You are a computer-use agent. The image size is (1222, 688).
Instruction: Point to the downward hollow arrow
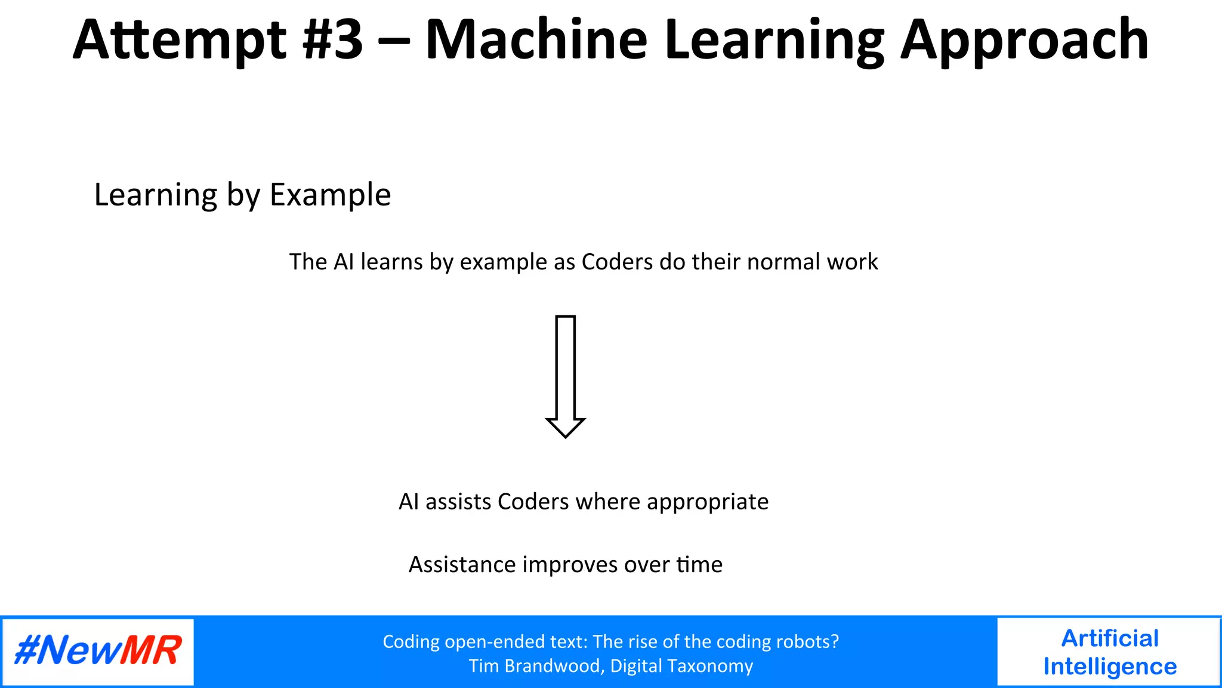pos(565,376)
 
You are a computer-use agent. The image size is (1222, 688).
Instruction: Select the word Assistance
pos(462,564)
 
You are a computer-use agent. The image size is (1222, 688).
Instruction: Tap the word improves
pos(570,565)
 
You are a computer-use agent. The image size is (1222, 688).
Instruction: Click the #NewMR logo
pos(98,651)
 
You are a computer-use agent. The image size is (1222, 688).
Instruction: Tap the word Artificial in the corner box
pos(1110,638)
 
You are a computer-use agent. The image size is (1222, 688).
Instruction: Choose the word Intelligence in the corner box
pos(1110,666)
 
